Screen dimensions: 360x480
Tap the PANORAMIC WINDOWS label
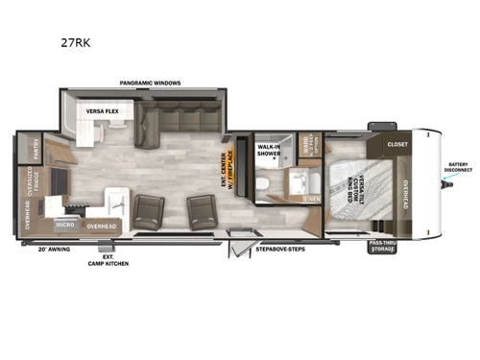150,83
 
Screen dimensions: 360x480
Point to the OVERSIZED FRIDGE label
28,181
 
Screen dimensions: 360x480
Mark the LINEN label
311,199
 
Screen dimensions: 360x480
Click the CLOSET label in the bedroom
396,144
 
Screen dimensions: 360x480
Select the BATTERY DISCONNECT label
457,171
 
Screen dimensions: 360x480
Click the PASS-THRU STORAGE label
381,247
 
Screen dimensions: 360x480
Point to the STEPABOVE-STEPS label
277,248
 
